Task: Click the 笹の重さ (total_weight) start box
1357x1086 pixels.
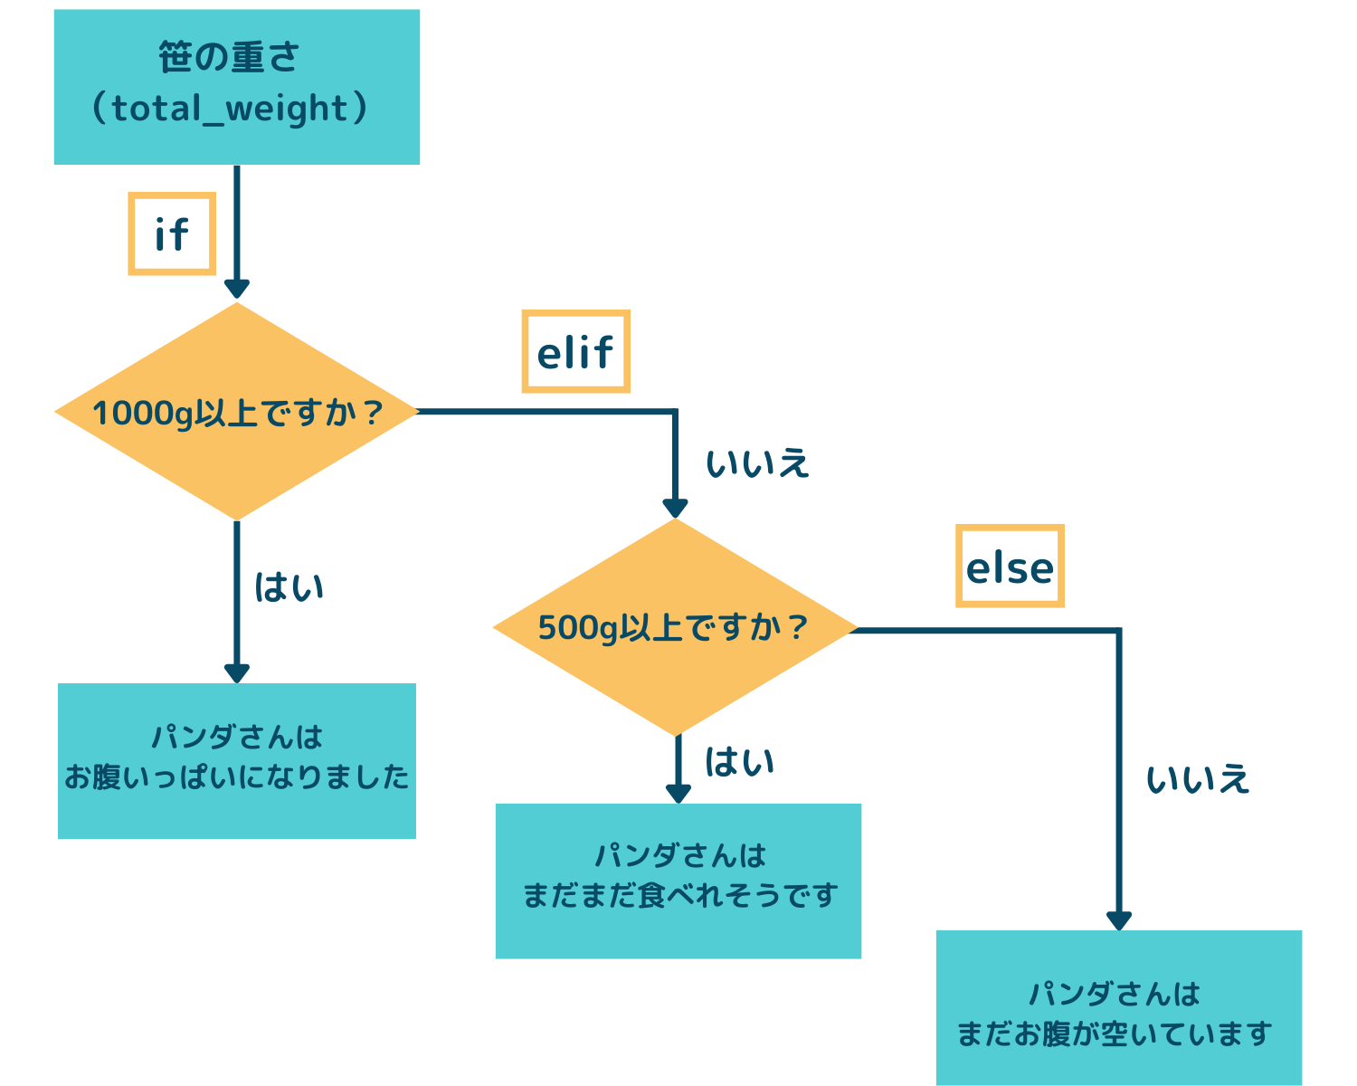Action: click(236, 87)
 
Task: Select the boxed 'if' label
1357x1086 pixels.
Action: click(172, 233)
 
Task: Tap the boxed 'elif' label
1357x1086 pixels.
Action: click(575, 351)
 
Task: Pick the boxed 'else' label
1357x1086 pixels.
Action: click(1010, 566)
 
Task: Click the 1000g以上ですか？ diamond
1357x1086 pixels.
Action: click(236, 412)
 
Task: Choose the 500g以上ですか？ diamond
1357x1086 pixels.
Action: click(675, 627)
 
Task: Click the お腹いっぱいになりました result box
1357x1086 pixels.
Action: click(236, 761)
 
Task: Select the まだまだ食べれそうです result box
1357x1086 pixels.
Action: click(678, 881)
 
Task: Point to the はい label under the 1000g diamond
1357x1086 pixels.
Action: click(289, 587)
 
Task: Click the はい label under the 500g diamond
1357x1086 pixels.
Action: click(739, 762)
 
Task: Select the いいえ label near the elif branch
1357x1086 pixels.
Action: click(757, 463)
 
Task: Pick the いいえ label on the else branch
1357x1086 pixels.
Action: click(1198, 779)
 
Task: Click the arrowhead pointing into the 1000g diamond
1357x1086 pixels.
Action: click(236, 289)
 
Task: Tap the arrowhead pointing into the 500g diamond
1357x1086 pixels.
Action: click(675, 507)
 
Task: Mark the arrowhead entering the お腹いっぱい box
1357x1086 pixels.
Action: click(236, 673)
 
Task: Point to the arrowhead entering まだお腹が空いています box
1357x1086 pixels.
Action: click(1119, 920)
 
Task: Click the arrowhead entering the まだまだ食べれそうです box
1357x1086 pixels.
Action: click(678, 794)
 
